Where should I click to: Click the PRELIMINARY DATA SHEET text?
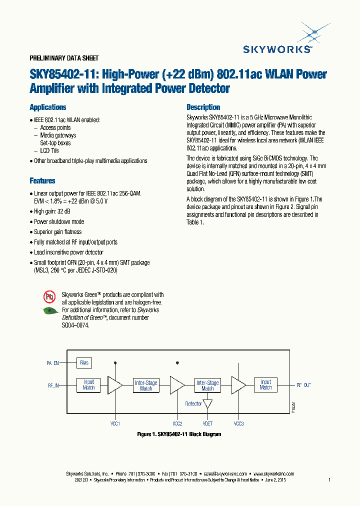click(64, 58)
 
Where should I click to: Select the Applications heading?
click(48, 107)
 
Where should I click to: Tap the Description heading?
click(203, 107)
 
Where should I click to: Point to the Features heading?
click(42, 180)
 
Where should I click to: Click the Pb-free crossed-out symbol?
click(49, 297)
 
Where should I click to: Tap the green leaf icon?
click(49, 310)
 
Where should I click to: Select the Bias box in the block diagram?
click(84, 362)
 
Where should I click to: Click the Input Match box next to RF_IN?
click(88, 384)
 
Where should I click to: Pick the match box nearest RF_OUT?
click(265, 384)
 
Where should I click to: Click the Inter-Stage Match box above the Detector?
click(207, 385)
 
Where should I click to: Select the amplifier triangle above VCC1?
click(115, 384)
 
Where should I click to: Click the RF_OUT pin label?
click(303, 385)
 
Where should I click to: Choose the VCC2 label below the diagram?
click(177, 423)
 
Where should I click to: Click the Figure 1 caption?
click(179, 434)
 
